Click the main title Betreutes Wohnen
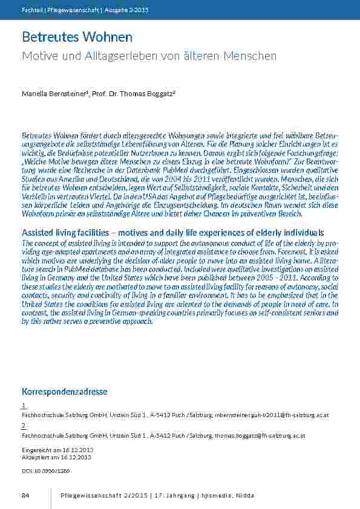[77, 37]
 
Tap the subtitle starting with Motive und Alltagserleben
[149, 56]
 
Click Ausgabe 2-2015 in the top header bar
[129, 10]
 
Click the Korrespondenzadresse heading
[65, 392]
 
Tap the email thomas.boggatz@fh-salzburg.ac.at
[254, 435]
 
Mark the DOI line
[46, 469]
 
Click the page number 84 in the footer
[25, 496]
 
